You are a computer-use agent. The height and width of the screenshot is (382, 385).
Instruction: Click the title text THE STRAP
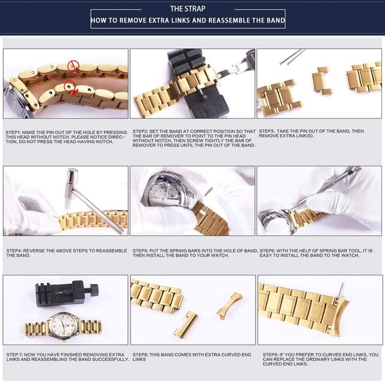pos(188,8)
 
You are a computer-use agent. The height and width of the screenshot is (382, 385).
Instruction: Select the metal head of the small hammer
pos(72,179)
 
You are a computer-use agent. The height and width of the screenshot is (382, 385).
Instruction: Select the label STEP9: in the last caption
pos(271,355)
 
